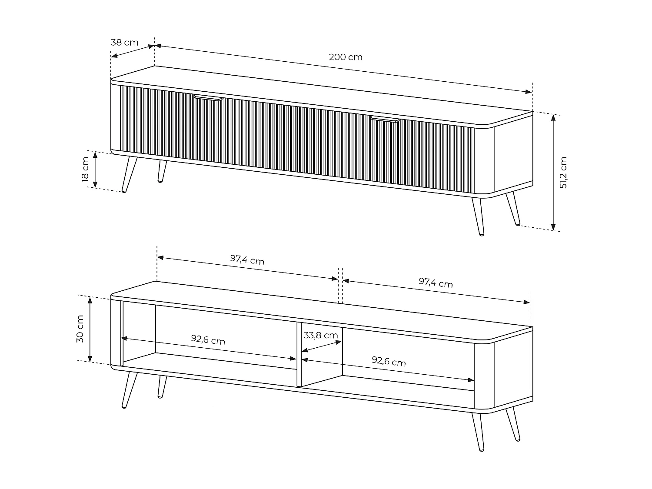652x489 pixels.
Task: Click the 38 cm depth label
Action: coord(124,43)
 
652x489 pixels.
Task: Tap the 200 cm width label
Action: coord(346,57)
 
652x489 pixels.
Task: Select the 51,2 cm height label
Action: coord(564,172)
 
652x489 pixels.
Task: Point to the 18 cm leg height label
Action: coord(85,169)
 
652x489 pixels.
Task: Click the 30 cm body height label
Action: coord(80,329)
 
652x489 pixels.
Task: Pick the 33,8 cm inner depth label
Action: coord(321,336)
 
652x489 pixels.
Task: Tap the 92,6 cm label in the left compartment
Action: coord(208,339)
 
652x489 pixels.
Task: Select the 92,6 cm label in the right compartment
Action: coord(389,361)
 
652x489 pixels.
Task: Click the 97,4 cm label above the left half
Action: coord(247,260)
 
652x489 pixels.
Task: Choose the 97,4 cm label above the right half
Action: coord(436,283)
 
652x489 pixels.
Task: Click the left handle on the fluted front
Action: coord(209,98)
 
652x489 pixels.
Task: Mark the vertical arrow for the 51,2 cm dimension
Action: coord(553,172)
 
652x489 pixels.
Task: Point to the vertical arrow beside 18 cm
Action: coord(96,170)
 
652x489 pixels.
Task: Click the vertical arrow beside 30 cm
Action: coord(90,329)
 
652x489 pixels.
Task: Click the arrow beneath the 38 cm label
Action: coord(133,51)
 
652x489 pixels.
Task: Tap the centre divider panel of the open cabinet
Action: coord(299,354)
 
